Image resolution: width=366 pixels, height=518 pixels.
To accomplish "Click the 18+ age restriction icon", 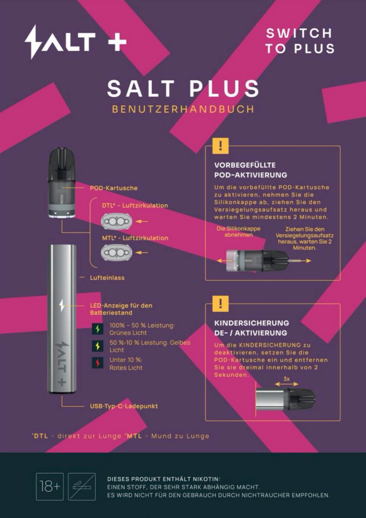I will [50, 486].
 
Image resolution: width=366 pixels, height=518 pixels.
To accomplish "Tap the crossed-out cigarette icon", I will [82, 486].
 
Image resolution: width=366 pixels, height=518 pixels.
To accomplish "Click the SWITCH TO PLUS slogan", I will [300, 41].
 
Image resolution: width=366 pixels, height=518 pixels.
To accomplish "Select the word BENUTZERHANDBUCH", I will [183, 109].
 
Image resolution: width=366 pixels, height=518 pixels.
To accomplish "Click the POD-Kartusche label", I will [113, 188].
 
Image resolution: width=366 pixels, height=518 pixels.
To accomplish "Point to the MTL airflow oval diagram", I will [116, 253].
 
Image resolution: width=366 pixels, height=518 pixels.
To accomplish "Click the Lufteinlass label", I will [107, 278].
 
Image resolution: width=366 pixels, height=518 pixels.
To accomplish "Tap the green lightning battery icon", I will [98, 329].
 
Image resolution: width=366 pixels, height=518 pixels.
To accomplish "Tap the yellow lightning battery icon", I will [98, 346].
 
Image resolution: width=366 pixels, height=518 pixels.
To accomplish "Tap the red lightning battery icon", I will [98, 363].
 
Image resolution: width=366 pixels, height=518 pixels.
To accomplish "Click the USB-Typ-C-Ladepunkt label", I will [124, 406].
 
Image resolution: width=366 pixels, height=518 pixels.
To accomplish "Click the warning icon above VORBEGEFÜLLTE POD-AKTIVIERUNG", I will [221, 146].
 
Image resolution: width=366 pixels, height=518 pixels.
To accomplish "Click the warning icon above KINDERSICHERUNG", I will [221, 304].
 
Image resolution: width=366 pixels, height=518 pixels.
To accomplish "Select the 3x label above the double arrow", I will [287, 379].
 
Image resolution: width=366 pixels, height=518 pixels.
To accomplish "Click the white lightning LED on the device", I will [62, 305].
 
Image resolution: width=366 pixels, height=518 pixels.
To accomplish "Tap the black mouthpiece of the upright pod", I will [62, 164].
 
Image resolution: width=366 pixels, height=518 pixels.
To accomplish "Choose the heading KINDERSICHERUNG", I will [252, 323].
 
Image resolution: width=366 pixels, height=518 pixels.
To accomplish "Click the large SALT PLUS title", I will [183, 88].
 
